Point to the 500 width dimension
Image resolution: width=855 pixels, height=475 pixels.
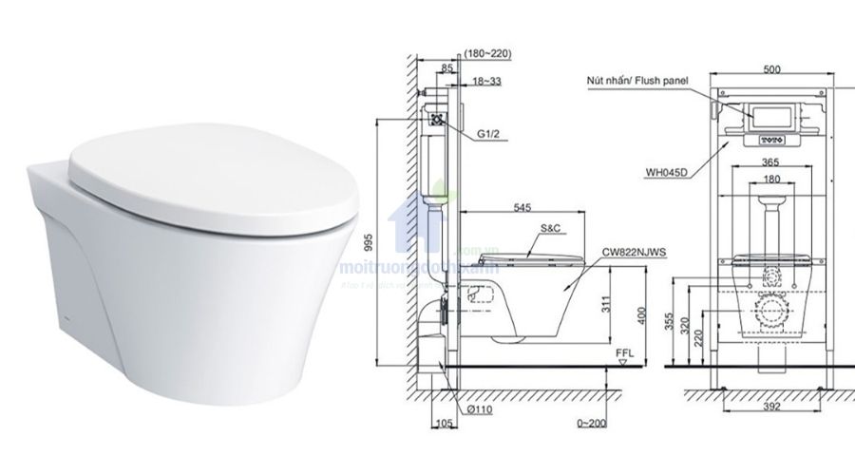tap(771, 68)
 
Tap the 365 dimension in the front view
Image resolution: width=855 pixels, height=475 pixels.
tap(771, 163)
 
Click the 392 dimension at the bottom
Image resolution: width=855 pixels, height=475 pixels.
tap(771, 409)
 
